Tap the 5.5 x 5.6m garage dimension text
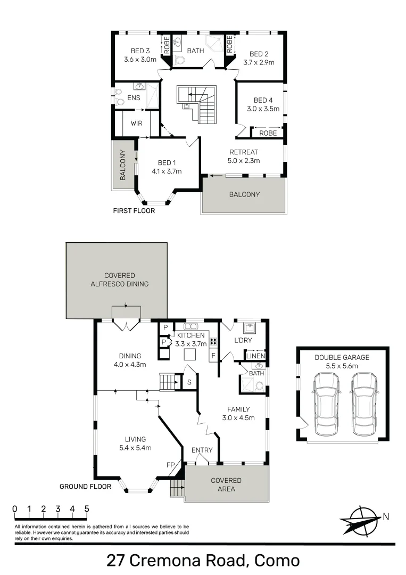[342, 367]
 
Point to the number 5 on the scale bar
[86, 508]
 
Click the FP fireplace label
[170, 465]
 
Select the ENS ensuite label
[134, 98]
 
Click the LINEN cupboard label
[255, 356]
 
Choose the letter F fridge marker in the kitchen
[213, 355]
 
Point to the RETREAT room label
[244, 152]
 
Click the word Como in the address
[277, 560]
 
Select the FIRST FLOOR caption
[134, 211]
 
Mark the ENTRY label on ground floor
[202, 450]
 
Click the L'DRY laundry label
[243, 340]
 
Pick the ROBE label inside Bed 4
[268, 133]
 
